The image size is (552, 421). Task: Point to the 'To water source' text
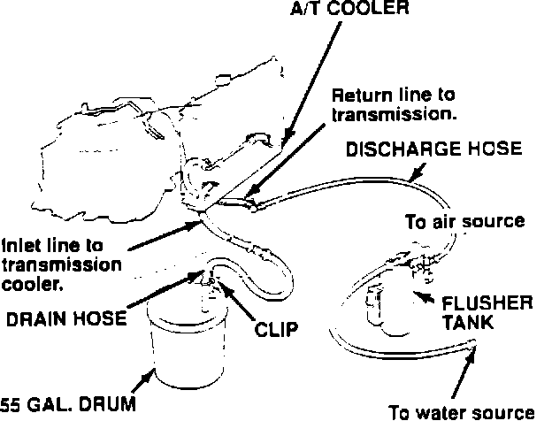[462, 410]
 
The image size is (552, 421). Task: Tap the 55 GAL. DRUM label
[68, 405]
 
